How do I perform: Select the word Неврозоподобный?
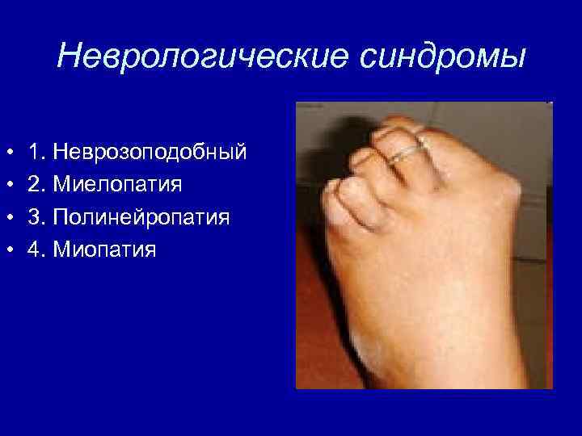[x=149, y=152]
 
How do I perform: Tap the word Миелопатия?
[x=116, y=184]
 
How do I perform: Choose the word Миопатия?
[x=103, y=249]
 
